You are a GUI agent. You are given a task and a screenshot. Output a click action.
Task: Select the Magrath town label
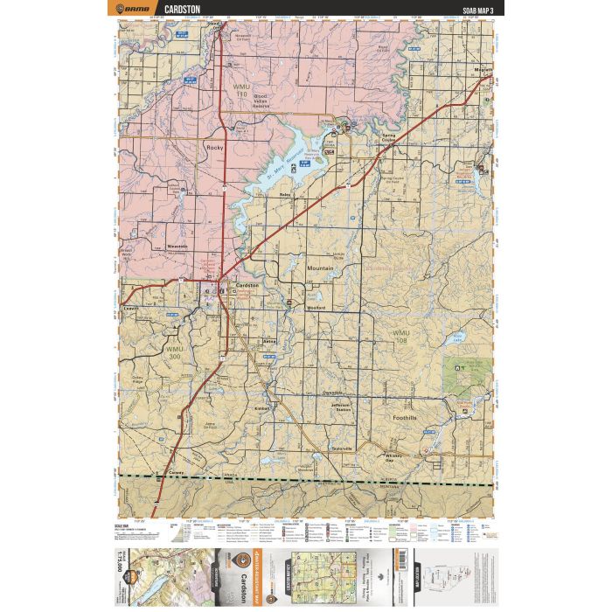point(483,73)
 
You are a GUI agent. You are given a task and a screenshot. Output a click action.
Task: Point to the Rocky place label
point(214,148)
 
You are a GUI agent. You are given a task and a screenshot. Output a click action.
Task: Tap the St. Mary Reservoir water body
point(293,162)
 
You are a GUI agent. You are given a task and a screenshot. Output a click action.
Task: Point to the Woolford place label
point(316,308)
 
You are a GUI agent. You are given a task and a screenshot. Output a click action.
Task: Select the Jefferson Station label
point(341,407)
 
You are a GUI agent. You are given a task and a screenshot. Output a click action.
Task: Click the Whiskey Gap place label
point(396,457)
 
